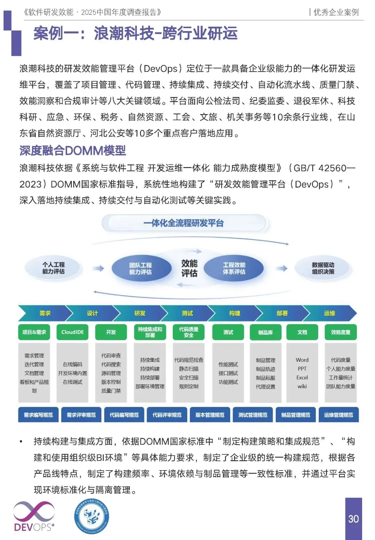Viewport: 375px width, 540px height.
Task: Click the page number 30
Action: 353,519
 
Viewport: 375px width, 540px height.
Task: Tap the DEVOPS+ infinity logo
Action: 34,516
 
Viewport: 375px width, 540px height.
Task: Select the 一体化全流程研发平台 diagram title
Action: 184,223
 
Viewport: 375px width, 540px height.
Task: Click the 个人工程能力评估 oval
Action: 53,268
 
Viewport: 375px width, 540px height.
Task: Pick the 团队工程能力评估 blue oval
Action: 141,269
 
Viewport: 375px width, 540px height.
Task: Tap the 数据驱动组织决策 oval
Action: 323,268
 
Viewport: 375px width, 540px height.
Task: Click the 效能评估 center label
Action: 189,268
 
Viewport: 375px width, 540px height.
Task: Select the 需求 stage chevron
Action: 45,313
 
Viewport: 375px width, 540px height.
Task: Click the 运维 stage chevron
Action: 330,313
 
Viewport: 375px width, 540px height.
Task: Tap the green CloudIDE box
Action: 72,332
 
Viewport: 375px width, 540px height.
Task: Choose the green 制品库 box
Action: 265,332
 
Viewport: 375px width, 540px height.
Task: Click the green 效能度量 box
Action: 340,332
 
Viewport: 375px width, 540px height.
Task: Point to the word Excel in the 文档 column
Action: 302,377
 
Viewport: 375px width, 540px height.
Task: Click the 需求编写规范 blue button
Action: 38,415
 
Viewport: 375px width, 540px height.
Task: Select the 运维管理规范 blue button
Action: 339,415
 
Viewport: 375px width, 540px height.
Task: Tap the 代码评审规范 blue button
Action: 167,415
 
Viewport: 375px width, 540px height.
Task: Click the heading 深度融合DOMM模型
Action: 73,151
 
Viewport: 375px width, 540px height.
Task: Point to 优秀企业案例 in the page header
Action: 336,13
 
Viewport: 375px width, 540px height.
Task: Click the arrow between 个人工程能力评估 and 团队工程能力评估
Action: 98,268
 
